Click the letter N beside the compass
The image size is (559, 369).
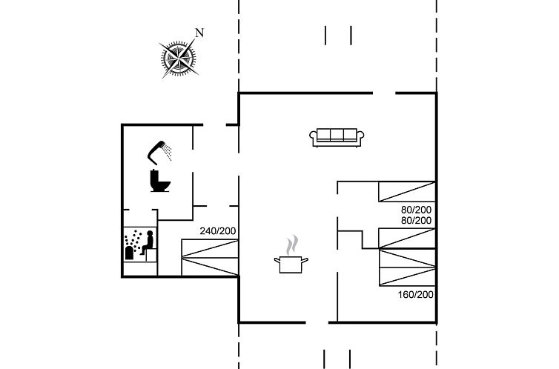[199, 33]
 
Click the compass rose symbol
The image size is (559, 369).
[178, 58]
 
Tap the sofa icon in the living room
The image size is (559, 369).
[337, 138]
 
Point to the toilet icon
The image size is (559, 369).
[159, 181]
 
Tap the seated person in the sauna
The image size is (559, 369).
[148, 242]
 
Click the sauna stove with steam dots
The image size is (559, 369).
[131, 246]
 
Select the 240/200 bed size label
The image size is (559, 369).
[218, 231]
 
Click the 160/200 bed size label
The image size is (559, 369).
[416, 295]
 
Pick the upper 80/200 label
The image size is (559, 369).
[416, 210]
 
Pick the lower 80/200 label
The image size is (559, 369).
[416, 221]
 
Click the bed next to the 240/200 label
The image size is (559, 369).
[210, 258]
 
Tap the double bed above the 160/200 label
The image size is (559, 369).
[407, 267]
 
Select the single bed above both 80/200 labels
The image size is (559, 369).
[407, 192]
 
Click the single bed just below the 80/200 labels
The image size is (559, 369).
[407, 239]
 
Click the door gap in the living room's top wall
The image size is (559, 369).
[384, 93]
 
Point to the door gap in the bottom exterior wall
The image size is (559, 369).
[317, 323]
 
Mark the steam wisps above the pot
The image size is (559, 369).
[292, 245]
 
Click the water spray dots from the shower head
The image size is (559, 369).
[168, 152]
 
